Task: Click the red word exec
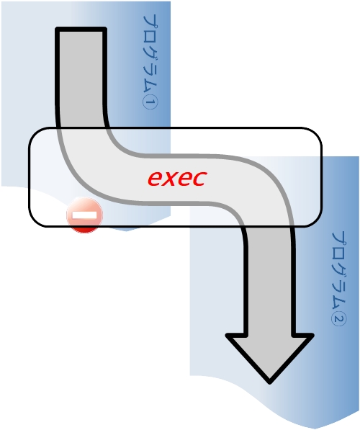tap(177, 179)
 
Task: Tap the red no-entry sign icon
tap(85, 215)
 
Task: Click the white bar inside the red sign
tap(85, 215)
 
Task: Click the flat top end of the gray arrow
tap(81, 29)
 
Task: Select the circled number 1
tap(150, 102)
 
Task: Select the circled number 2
tap(339, 320)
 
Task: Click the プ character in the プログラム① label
tap(150, 22)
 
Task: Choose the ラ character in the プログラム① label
tap(150, 71)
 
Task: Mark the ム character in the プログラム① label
tap(150, 87)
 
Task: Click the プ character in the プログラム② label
tap(339, 238)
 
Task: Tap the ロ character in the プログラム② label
tap(339, 255)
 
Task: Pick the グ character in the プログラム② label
tap(339, 272)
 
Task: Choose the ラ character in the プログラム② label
tap(339, 288)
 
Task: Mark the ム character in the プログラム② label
tap(339, 305)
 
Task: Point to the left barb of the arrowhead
tap(228, 336)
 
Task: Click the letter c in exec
tap(199, 179)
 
